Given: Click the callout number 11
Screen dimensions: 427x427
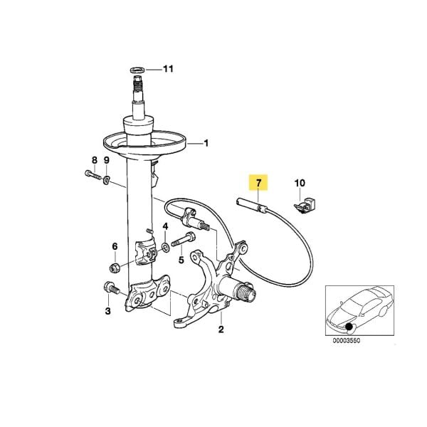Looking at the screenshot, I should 168,69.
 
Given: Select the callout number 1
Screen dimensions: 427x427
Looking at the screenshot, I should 207,143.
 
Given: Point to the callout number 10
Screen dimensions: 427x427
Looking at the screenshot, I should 300,184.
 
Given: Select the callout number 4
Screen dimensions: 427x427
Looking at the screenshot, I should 164,228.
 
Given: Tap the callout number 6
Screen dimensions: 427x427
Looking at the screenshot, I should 113,246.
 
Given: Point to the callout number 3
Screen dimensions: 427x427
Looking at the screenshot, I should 107,311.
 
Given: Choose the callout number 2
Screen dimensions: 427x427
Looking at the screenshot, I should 221,330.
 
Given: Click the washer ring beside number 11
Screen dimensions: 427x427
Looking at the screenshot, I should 137,69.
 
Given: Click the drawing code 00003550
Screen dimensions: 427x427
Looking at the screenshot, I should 347,341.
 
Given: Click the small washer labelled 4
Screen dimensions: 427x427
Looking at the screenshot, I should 165,246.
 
